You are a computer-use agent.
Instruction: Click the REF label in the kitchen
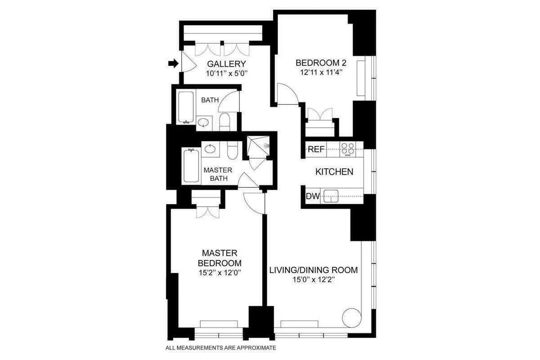coord(316,149)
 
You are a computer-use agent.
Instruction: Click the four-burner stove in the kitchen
coord(347,149)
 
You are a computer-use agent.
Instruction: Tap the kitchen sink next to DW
coord(332,196)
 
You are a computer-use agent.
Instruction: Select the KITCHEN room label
coord(333,171)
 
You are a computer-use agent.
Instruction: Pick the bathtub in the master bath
coord(191,166)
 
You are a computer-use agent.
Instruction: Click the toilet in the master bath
coord(232,151)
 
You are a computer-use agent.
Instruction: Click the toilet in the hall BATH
coord(225,121)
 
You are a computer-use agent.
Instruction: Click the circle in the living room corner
coord(351,318)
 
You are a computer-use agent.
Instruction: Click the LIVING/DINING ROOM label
coord(314,270)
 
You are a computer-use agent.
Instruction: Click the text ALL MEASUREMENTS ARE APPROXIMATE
coord(220,347)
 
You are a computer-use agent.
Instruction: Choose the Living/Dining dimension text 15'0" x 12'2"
coord(314,279)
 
